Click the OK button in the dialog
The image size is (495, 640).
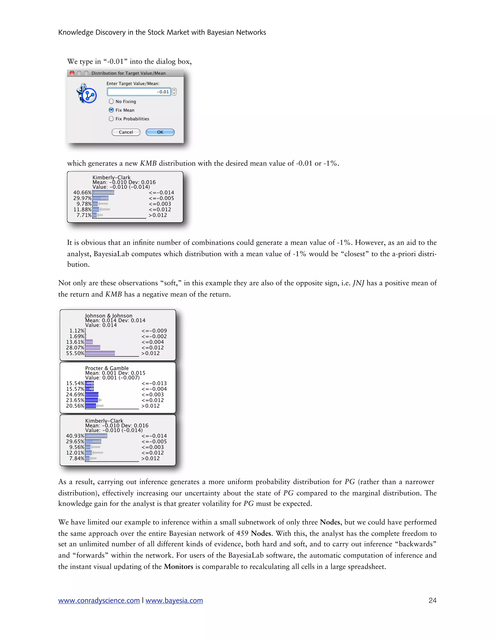tap(160, 132)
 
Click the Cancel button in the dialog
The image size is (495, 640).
tap(126, 132)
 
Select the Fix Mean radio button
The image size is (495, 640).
tap(111, 110)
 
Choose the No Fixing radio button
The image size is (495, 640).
tap(111, 101)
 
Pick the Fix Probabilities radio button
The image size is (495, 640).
tap(111, 119)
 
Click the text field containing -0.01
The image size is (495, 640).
tap(139, 92)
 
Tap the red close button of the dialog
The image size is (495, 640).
tap(72, 73)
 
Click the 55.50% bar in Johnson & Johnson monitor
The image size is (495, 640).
tap(100, 353)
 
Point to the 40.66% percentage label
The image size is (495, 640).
tap(82, 192)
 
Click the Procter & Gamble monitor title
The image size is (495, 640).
tap(107, 368)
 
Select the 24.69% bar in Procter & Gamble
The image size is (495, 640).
tap(92, 394)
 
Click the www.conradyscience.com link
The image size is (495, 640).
tap(99, 600)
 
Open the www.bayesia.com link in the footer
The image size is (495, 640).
tap(174, 600)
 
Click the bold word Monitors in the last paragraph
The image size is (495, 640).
tap(178, 566)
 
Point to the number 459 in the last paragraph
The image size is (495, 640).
tap(242, 533)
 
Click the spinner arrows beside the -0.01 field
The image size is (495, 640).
tap(174, 92)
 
